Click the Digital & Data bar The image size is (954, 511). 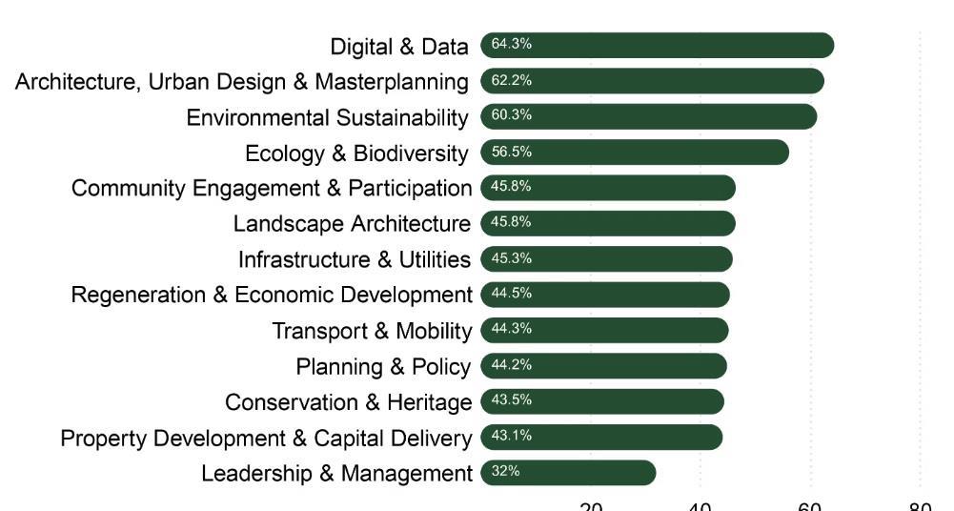(658, 45)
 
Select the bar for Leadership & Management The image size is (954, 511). (569, 473)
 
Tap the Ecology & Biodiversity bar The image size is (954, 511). (635, 153)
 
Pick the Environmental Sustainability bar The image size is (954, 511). (649, 116)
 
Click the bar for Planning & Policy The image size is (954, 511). (604, 366)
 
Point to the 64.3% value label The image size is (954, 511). (511, 44)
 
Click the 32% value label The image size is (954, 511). (505, 472)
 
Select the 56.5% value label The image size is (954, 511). (511, 152)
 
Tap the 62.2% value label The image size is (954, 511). (511, 80)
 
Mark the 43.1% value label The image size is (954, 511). (511, 436)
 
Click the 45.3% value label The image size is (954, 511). (511, 258)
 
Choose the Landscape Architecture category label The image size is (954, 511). (352, 224)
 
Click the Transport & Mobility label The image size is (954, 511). (372, 331)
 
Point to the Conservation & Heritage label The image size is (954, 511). (348, 402)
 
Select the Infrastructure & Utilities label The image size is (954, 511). (354, 259)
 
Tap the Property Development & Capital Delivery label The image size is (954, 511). (266, 439)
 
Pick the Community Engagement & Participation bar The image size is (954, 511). (608, 188)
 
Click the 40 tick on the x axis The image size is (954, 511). (700, 506)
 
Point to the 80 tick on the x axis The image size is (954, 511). (920, 506)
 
